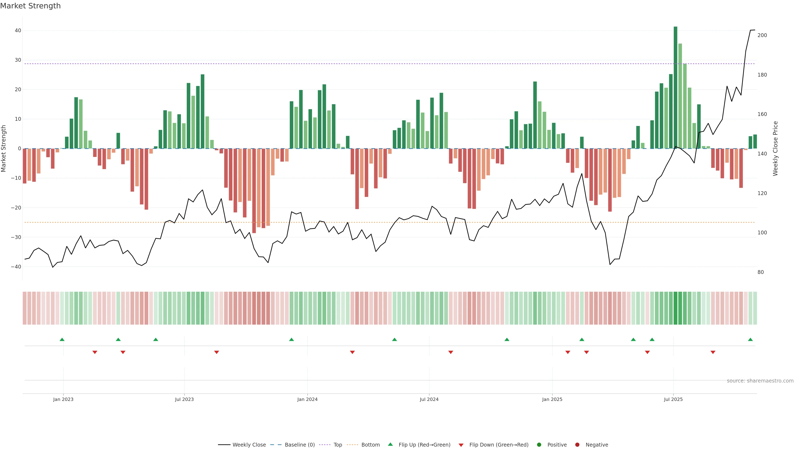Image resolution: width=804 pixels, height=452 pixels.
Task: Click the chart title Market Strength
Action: [x=30, y=6]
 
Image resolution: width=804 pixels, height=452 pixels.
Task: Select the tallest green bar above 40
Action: [x=675, y=87]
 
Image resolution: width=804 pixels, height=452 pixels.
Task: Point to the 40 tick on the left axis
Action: [x=18, y=31]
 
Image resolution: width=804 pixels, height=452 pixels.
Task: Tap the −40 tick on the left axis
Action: [x=16, y=267]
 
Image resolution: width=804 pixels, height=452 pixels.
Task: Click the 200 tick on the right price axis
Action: [x=762, y=35]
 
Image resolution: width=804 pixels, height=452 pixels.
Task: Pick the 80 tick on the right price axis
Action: [x=761, y=272]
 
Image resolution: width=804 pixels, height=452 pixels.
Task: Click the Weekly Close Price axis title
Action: [x=776, y=149]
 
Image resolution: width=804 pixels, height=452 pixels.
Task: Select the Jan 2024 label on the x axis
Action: [x=307, y=399]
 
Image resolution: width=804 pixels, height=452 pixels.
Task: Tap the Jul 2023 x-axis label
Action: [x=184, y=399]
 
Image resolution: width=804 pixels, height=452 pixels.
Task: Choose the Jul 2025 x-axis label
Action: [x=673, y=399]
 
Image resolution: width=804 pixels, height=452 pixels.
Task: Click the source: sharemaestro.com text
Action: [x=760, y=381]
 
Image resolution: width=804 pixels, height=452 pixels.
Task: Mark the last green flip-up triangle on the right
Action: [x=750, y=339]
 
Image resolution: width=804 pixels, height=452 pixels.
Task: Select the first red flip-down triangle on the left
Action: [x=95, y=352]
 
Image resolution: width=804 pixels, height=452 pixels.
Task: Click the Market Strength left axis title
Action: [x=4, y=149]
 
